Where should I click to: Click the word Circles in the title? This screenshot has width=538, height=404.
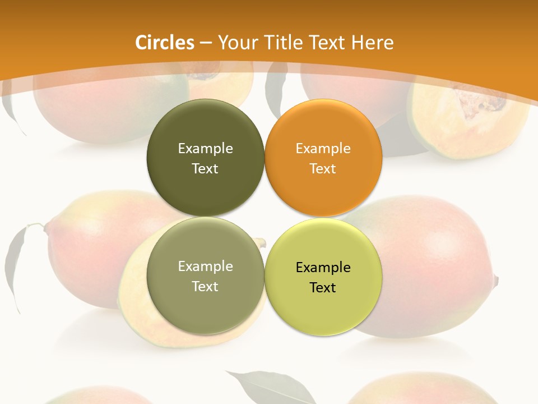(x=165, y=43)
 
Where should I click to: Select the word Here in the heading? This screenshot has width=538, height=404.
(x=373, y=43)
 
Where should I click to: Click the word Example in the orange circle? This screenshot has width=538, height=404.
(x=323, y=149)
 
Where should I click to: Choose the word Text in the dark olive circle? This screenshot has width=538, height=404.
(x=205, y=169)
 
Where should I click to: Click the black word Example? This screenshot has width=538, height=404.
(x=323, y=268)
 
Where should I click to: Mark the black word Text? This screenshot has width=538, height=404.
(x=323, y=288)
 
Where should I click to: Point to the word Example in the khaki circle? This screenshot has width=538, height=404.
(x=205, y=267)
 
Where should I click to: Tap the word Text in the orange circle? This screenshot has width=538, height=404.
(x=323, y=169)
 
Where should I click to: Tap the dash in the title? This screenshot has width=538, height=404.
(x=205, y=43)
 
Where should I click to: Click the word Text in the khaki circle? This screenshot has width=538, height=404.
(x=205, y=287)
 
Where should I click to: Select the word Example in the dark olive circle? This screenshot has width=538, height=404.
(x=205, y=149)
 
